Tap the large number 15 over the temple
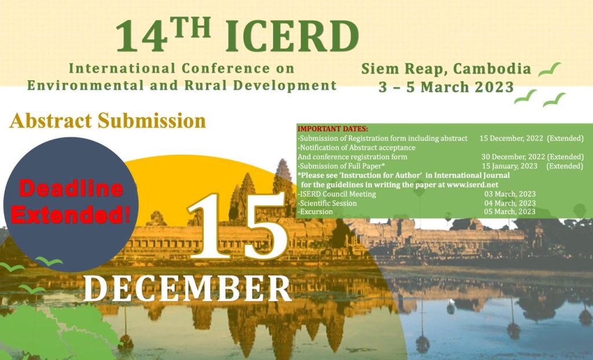[x=237, y=226]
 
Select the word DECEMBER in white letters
[x=186, y=288]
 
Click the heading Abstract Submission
[x=108, y=120]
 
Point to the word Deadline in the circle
[x=71, y=189]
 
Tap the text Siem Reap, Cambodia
[x=446, y=69]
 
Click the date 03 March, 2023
[x=510, y=194]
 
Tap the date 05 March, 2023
[x=510, y=212]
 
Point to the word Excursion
[x=316, y=212]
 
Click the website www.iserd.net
[x=470, y=184]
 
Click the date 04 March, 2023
[x=510, y=203]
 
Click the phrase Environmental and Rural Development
[x=182, y=86]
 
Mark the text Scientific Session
[x=328, y=203]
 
